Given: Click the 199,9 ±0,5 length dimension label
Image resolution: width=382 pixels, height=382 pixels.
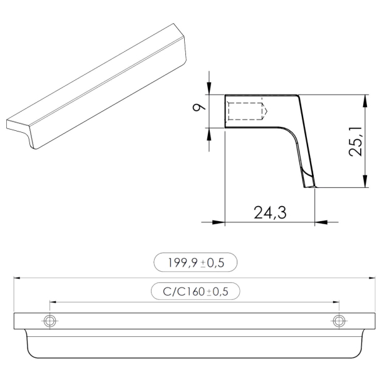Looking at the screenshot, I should click(195, 263).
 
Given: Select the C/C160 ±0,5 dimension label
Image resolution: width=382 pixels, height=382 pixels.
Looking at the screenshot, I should click(195, 292).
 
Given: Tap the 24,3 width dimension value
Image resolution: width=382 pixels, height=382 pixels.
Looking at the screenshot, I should click(270, 213).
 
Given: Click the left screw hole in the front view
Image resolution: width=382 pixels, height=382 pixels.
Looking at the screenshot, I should click(49, 321).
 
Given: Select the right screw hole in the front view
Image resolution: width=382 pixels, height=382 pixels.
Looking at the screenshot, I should click(339, 321).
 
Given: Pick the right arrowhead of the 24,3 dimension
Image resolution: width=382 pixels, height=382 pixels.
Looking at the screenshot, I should click(320, 221).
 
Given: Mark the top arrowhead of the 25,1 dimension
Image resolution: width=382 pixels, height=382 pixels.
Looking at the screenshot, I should click(364, 100).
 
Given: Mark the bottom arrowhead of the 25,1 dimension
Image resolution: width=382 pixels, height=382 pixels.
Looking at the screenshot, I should click(364, 183).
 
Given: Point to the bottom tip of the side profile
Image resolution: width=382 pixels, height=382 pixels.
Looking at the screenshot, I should click(310, 186).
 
